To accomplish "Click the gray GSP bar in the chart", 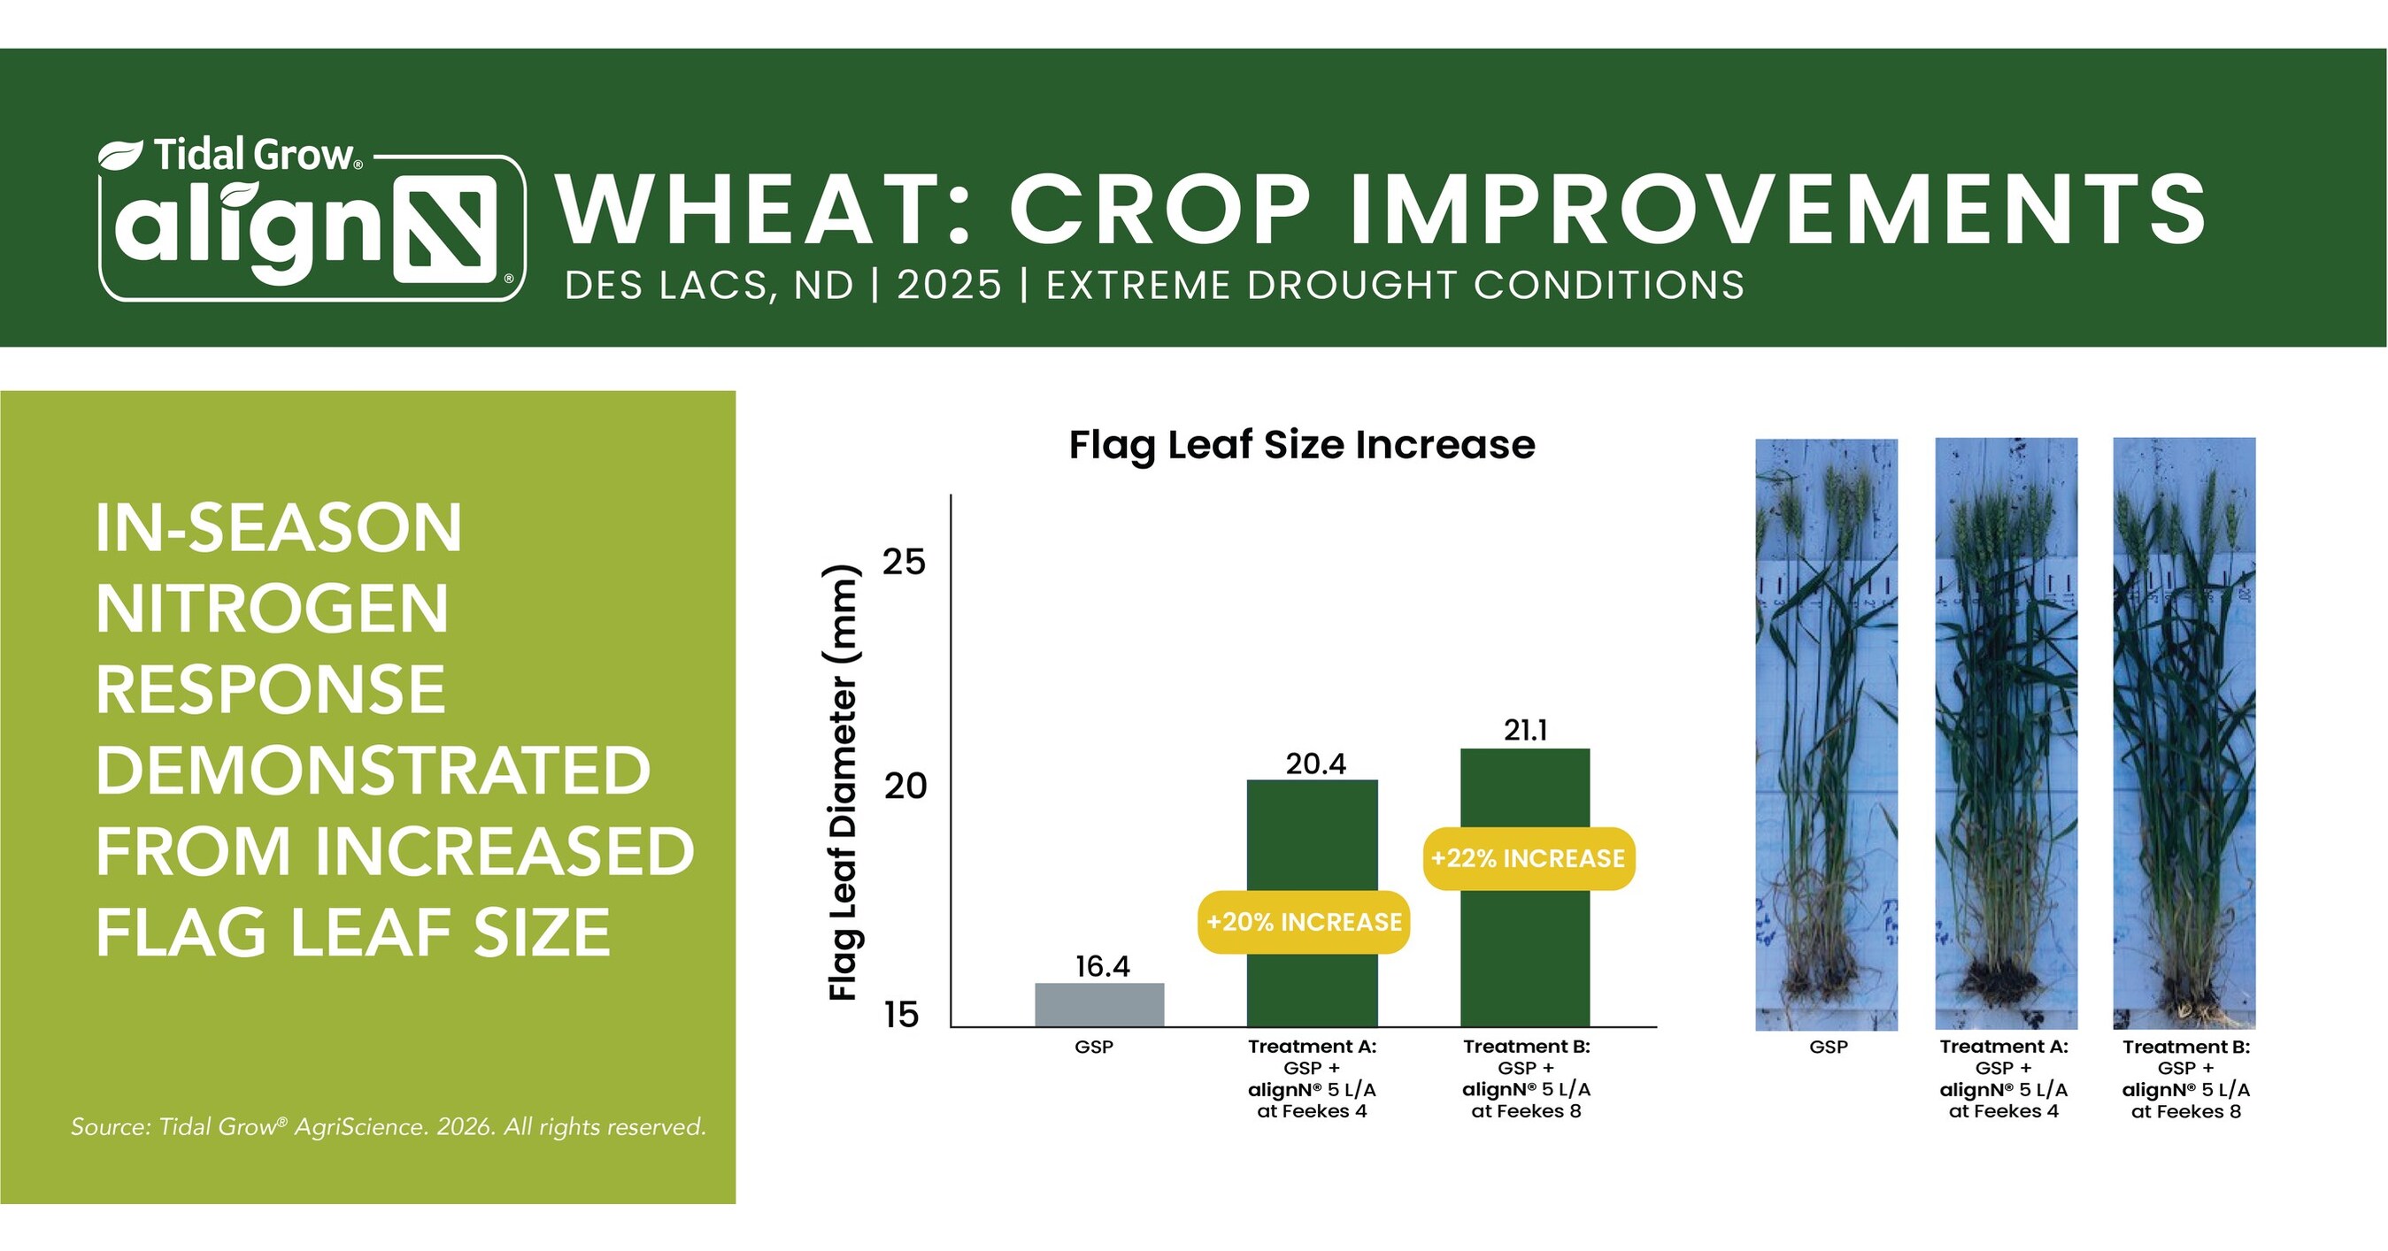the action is coord(1099,1004).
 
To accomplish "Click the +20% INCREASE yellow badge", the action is coord(1305,922).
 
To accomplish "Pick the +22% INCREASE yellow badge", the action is coord(1529,859).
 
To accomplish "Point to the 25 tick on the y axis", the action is coord(904,562).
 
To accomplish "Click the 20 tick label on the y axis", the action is coord(904,787).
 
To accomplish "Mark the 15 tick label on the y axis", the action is coord(901,1015).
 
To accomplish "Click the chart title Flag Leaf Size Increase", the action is coord(1301,445).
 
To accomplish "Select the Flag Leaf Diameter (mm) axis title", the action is coord(843,782).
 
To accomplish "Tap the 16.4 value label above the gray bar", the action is coord(1102,966).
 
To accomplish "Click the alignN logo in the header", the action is coord(312,220).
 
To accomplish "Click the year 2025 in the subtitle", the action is coord(949,286).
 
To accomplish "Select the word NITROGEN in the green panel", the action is coord(273,609).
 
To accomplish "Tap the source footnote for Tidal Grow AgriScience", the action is coord(389,1127).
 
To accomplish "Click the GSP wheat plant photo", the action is coord(1826,735).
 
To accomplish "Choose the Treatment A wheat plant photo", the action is coord(2006,734).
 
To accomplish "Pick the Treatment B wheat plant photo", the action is coord(2184,734).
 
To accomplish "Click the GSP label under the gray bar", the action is coord(1094,1048).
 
